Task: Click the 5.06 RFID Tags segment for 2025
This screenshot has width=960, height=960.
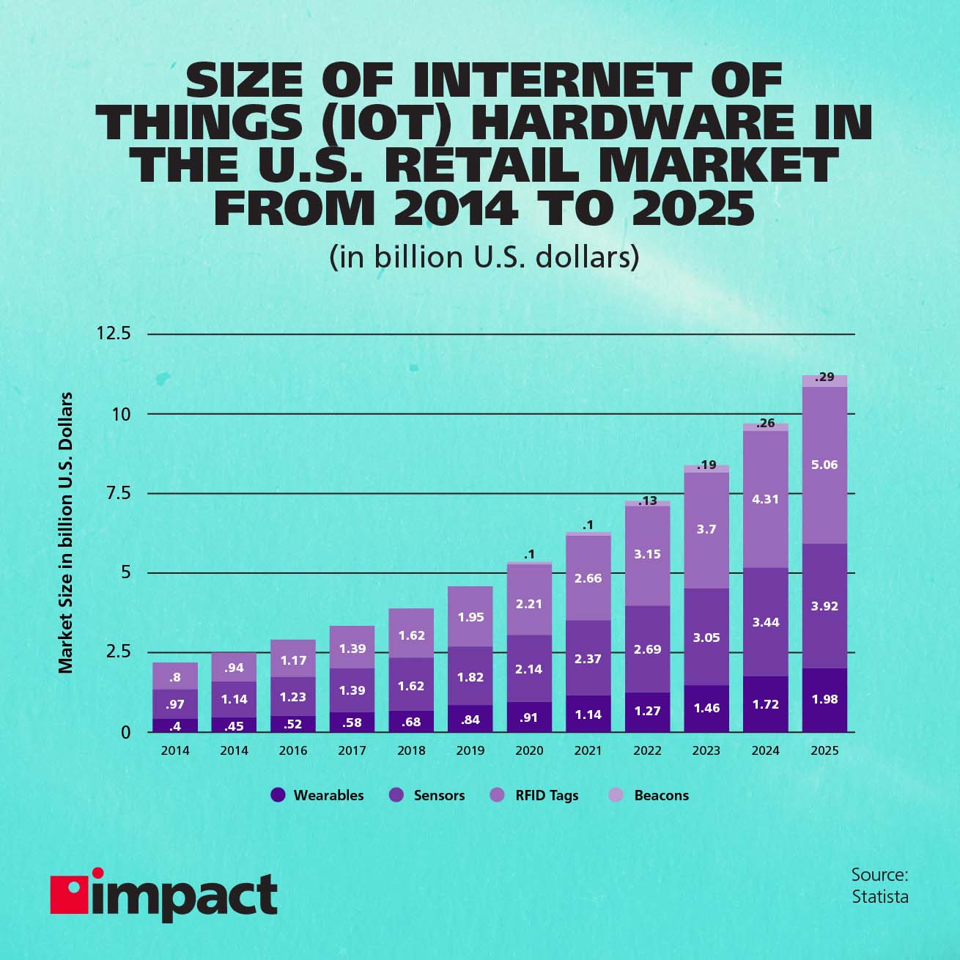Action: coord(824,465)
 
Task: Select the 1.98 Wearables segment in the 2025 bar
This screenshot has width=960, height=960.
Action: coord(824,699)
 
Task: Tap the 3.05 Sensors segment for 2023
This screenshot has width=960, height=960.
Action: coord(706,638)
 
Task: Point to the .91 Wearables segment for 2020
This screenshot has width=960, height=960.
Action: coord(529,717)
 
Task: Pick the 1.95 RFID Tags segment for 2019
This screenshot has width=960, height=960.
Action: coord(470,617)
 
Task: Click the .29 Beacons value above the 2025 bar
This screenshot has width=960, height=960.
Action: coord(824,377)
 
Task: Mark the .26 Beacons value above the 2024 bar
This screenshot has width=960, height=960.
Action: coord(766,424)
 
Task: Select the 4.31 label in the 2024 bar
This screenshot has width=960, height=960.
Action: coord(766,499)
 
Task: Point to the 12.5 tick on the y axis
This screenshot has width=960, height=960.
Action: coord(114,333)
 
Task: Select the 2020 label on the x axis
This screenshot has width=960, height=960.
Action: coord(529,750)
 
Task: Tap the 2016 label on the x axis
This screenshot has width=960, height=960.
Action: coord(293,750)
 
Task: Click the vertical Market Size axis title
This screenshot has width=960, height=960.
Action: coord(66,533)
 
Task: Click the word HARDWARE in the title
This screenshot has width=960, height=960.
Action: coord(632,122)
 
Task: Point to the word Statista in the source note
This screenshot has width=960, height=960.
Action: coord(879,897)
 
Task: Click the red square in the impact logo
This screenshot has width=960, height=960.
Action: coord(68,895)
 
